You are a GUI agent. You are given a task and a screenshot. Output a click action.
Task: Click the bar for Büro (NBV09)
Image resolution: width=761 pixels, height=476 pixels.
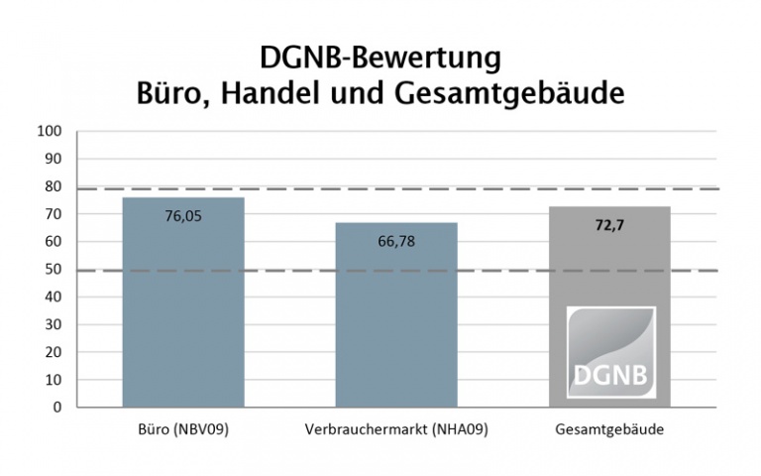[182, 317]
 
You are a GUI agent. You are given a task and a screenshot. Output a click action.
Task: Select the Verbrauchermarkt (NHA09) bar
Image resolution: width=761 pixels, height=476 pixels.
[395, 327]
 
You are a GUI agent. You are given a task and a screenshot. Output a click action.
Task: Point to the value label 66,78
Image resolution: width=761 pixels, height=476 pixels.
[395, 240]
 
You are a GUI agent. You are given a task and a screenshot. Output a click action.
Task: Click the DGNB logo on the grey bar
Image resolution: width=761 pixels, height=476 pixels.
[610, 352]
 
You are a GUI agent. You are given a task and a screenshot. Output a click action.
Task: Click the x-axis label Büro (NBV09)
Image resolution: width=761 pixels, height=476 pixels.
[182, 430]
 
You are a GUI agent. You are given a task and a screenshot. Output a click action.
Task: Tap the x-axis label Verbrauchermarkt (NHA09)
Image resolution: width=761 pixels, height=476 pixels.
[395, 430]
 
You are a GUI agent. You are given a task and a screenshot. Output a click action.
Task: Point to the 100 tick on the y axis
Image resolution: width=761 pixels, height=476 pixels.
[50, 131]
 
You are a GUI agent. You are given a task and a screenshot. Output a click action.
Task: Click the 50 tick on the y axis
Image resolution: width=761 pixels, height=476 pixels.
[54, 269]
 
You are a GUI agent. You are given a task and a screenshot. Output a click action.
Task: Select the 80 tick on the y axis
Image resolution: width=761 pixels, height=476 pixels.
[54, 186]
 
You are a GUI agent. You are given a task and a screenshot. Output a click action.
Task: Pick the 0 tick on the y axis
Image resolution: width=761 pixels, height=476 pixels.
[57, 407]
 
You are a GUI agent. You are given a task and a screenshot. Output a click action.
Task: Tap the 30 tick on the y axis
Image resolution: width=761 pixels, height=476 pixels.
[54, 324]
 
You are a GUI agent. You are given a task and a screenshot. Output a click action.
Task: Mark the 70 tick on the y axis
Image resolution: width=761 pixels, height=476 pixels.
[54, 214]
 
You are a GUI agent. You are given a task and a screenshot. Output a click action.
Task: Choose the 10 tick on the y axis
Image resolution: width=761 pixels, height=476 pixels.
[54, 379]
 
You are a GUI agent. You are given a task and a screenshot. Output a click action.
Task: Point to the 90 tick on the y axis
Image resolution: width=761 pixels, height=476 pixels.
[54, 159]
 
